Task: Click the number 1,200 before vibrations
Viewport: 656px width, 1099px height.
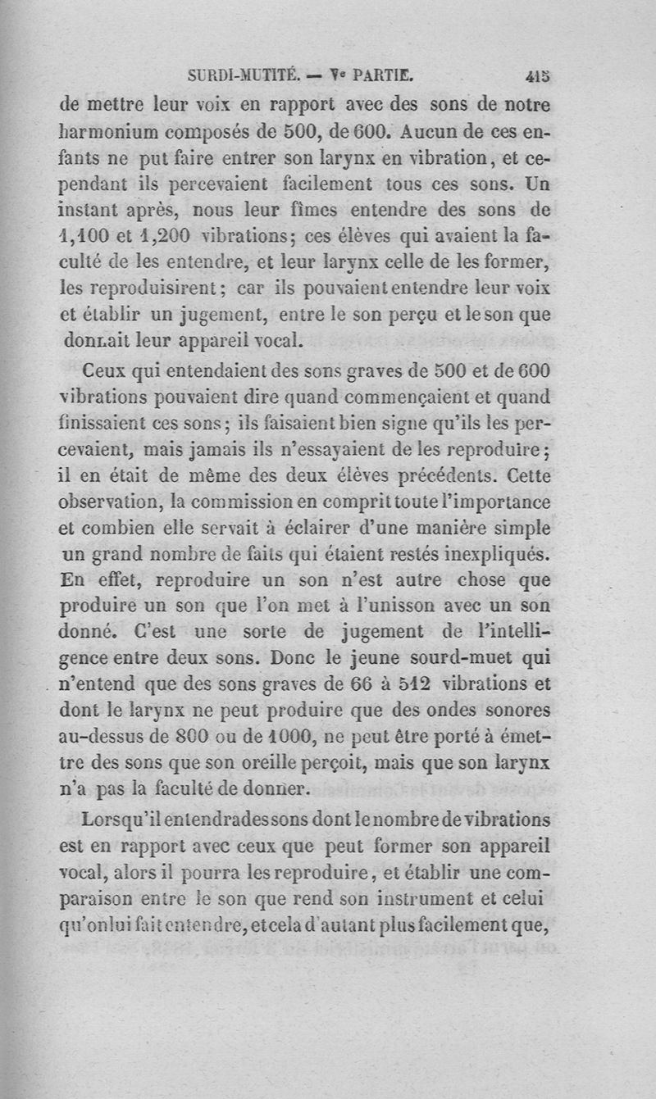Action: [x=164, y=234]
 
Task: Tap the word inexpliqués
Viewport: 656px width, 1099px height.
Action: [x=500, y=554]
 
